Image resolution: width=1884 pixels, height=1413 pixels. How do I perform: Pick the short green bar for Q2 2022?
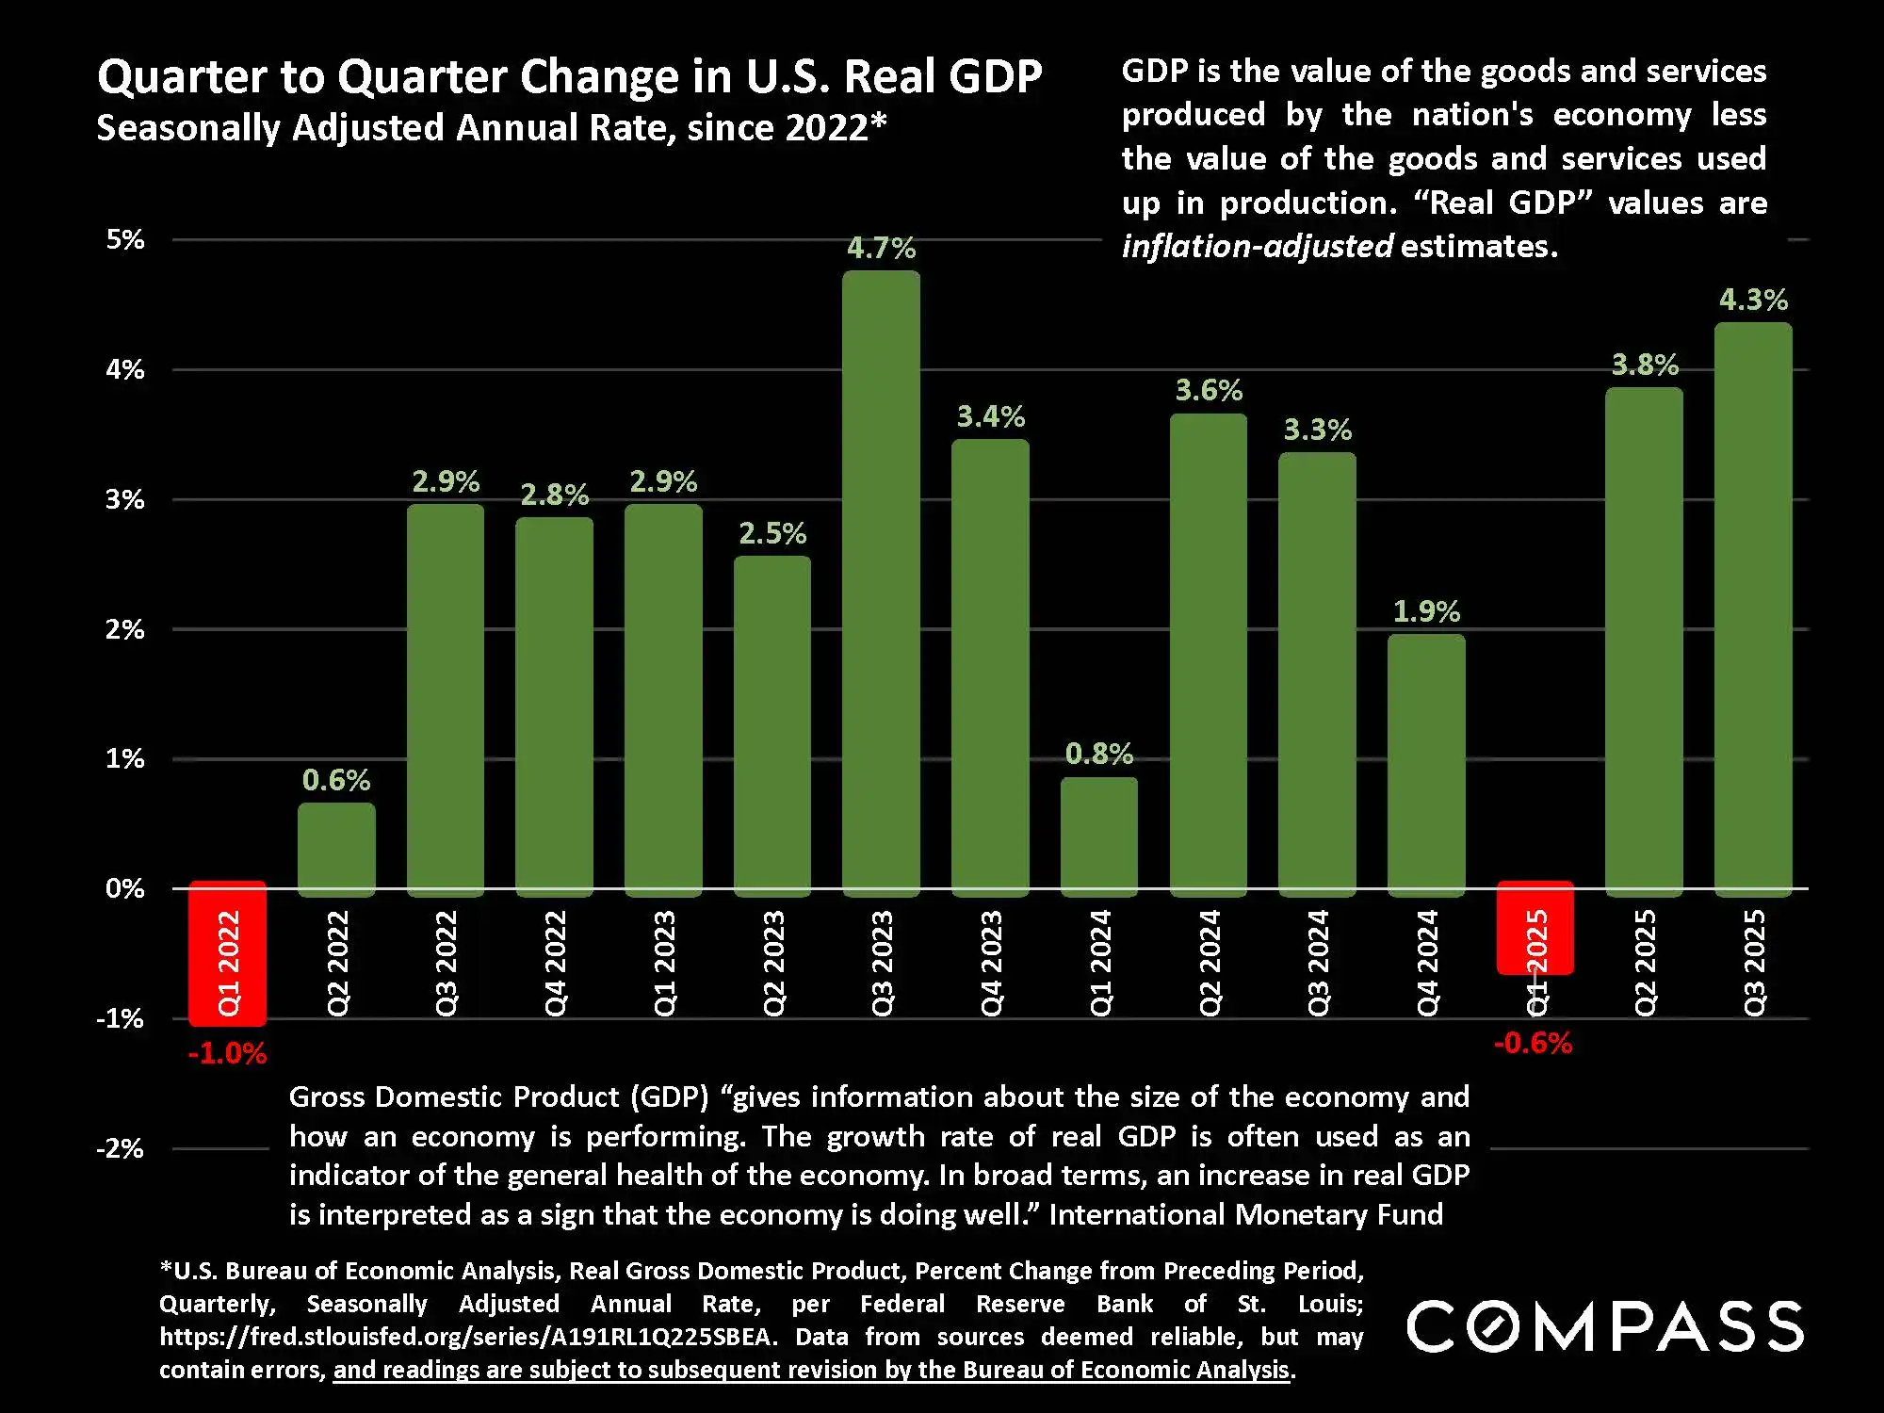coord(336,848)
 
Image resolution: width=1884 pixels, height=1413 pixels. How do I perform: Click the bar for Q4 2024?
coord(1426,763)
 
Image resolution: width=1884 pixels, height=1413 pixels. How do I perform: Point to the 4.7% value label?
coord(881,248)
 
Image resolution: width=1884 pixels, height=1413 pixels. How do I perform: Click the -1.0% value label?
coord(227,1053)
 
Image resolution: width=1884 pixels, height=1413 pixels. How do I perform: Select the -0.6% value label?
coord(1533,1043)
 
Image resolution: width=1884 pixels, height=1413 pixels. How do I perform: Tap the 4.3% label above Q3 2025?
coord(1753,300)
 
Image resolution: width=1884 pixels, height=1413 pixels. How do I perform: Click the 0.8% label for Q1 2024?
coord(1098,754)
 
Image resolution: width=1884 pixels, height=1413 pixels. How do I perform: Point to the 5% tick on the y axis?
coord(125,239)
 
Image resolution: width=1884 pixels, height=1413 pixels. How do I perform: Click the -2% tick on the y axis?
coord(121,1148)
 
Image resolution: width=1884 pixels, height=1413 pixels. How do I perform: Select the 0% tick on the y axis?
coord(125,888)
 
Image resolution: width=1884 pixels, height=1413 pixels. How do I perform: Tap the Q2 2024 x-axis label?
coord(1210,962)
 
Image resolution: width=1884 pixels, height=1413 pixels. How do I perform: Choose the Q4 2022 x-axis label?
coord(556,962)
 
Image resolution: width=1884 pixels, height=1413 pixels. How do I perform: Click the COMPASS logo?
coord(1605,1326)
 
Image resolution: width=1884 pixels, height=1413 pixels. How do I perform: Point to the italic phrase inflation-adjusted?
coord(1257,246)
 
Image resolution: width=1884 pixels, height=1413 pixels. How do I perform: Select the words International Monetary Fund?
coord(1245,1214)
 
